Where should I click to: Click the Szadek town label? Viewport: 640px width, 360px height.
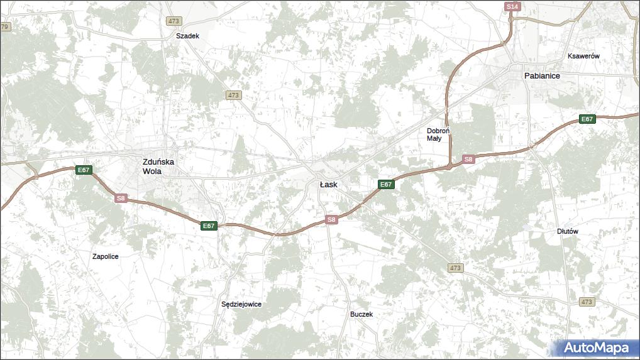[x=187, y=36]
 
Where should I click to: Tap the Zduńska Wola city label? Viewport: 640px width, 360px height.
[x=158, y=166]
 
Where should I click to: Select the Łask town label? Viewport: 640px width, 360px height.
[x=328, y=185]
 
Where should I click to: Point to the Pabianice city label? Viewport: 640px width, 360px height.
[x=542, y=75]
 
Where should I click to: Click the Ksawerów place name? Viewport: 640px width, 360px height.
[x=583, y=56]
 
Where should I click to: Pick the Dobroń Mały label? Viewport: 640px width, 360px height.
[x=438, y=134]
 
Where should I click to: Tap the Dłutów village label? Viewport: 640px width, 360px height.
[x=567, y=231]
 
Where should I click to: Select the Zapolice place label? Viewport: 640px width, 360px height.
[x=106, y=256]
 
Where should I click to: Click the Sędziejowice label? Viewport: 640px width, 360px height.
[x=241, y=304]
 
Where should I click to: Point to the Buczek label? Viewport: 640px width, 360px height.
[x=361, y=314]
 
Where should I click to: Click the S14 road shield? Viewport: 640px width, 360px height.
[x=512, y=6]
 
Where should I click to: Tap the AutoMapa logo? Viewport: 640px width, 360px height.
[x=596, y=347]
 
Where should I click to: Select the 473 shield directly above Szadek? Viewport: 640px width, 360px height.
[x=174, y=21]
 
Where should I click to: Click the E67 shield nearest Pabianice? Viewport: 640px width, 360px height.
[x=587, y=119]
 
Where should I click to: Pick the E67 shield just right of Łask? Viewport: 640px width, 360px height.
[x=386, y=184]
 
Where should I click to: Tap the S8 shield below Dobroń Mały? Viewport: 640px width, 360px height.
[x=468, y=160]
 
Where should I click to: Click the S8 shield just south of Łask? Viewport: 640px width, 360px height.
[x=332, y=219]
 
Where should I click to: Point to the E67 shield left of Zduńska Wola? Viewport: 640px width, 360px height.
[x=84, y=170]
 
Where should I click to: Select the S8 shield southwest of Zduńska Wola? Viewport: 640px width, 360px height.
[x=121, y=198]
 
